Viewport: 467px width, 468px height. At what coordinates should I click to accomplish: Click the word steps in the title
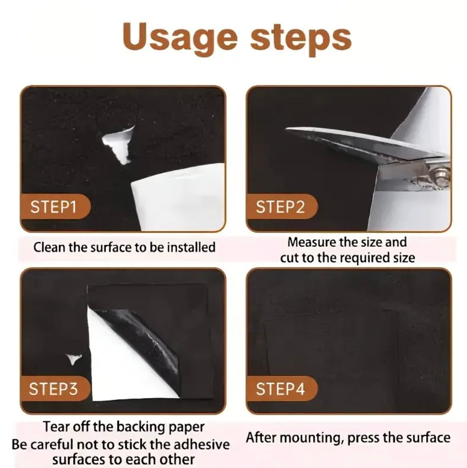[x=301, y=39]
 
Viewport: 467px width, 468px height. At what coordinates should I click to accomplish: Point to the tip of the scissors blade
[x=286, y=129]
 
